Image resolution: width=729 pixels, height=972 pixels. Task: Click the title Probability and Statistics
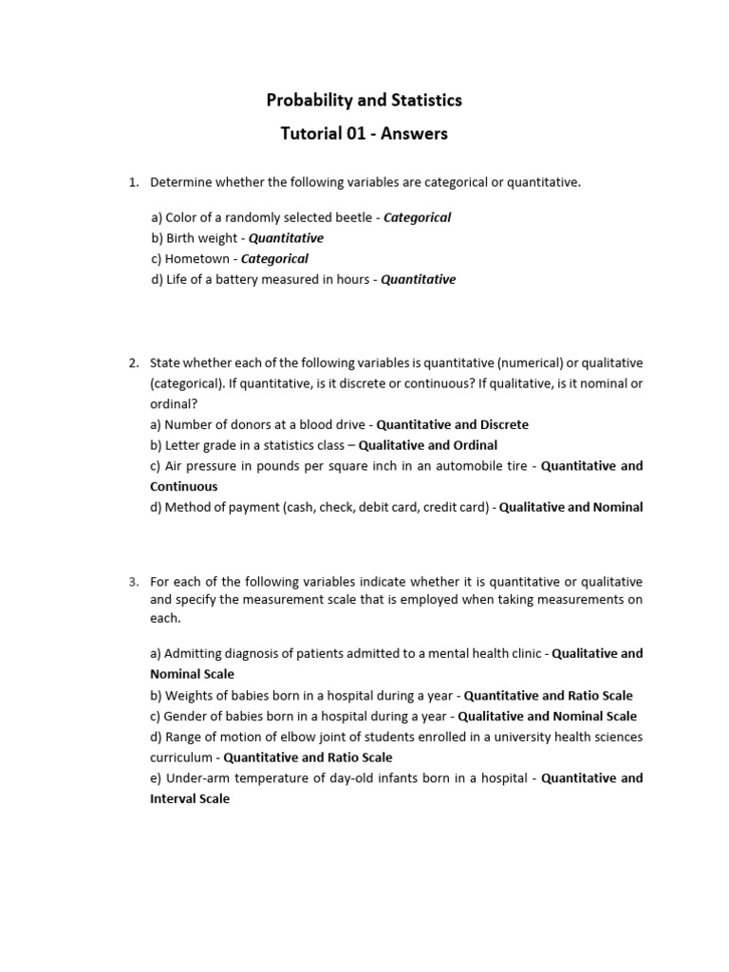(x=364, y=100)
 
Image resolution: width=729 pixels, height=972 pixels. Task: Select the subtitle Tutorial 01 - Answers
(x=364, y=134)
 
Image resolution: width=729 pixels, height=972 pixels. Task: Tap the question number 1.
(x=134, y=182)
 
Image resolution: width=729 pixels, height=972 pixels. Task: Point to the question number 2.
(x=134, y=363)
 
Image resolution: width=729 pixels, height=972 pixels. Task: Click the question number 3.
(x=134, y=581)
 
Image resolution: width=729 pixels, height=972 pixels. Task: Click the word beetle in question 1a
(x=351, y=217)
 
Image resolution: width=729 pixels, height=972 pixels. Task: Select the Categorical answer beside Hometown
(x=274, y=258)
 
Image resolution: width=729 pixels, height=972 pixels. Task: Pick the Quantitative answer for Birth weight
(x=286, y=238)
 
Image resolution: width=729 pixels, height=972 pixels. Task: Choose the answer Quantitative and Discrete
(x=453, y=424)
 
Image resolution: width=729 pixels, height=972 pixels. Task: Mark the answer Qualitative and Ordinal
(x=428, y=445)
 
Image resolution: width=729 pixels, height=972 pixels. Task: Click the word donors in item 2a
(x=239, y=424)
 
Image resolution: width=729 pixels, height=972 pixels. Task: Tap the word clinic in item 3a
(x=524, y=653)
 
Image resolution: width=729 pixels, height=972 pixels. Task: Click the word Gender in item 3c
(x=186, y=716)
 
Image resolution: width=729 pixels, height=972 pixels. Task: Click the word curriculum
(x=180, y=757)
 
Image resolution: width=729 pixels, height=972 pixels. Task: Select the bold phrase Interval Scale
(x=190, y=799)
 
